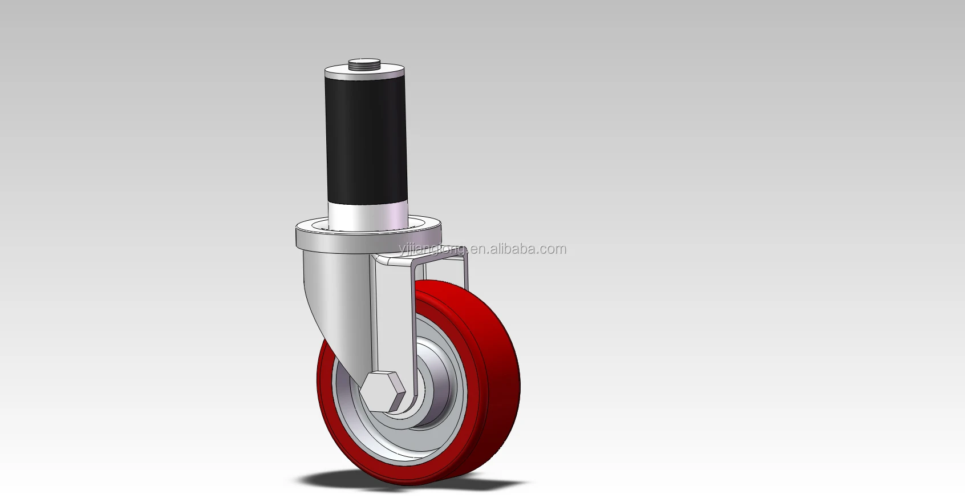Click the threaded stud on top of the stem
364,64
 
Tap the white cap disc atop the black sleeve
364,71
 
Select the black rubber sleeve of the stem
367,138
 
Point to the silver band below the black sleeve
368,214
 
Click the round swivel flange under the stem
368,236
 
